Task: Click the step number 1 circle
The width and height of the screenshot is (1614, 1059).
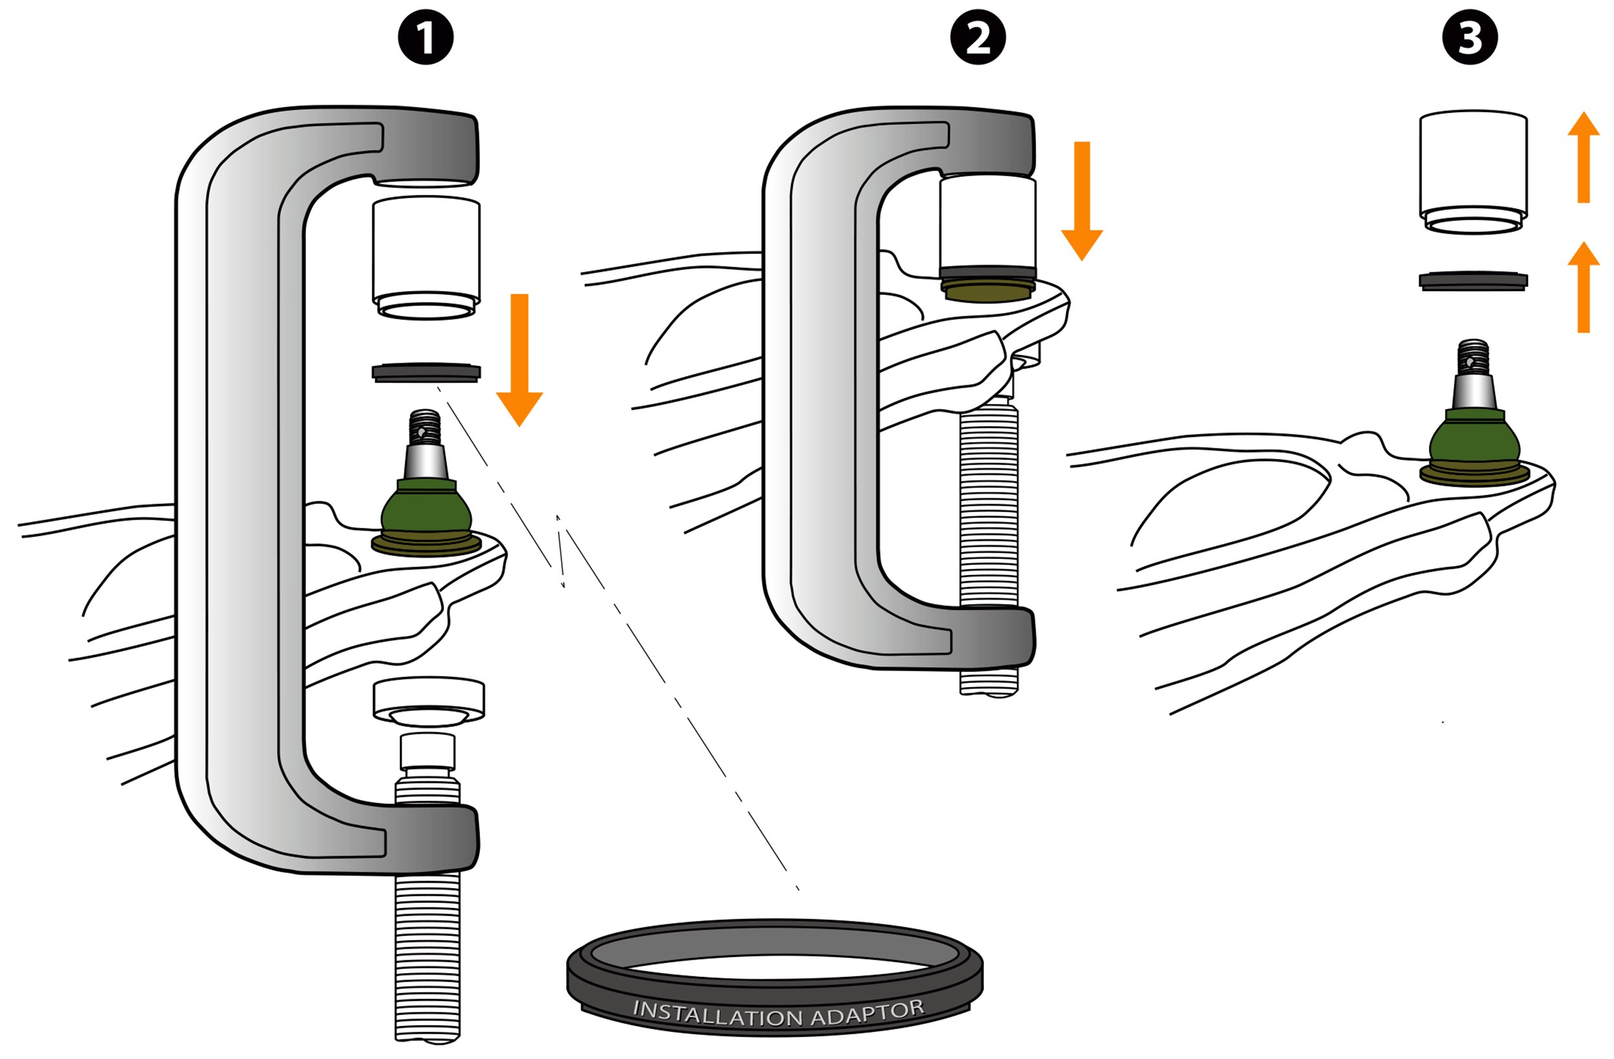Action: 425,37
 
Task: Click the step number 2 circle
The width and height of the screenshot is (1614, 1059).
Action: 977,37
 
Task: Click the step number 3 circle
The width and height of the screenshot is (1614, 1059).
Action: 1469,37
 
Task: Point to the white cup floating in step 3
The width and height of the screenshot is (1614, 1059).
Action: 1473,170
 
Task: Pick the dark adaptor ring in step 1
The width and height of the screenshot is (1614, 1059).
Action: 426,372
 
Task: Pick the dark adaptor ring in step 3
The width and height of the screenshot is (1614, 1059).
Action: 1473,281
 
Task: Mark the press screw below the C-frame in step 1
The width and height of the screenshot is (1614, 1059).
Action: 427,956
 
